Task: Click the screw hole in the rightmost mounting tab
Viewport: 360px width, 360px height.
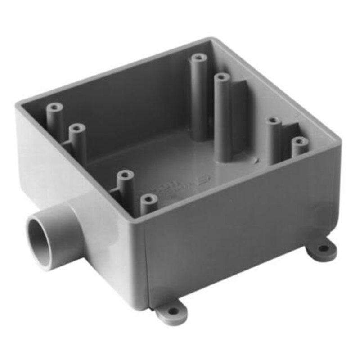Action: (x=323, y=248)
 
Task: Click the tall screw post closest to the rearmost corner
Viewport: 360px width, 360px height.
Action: (x=198, y=58)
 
